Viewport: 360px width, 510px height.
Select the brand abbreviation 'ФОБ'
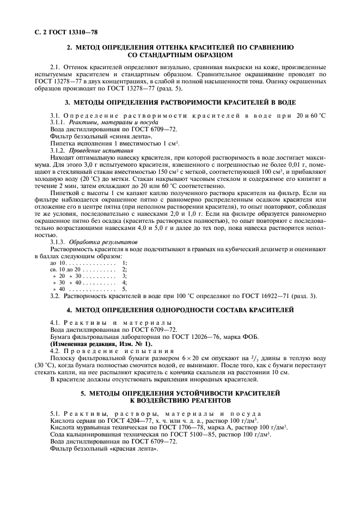[x=250, y=336]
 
